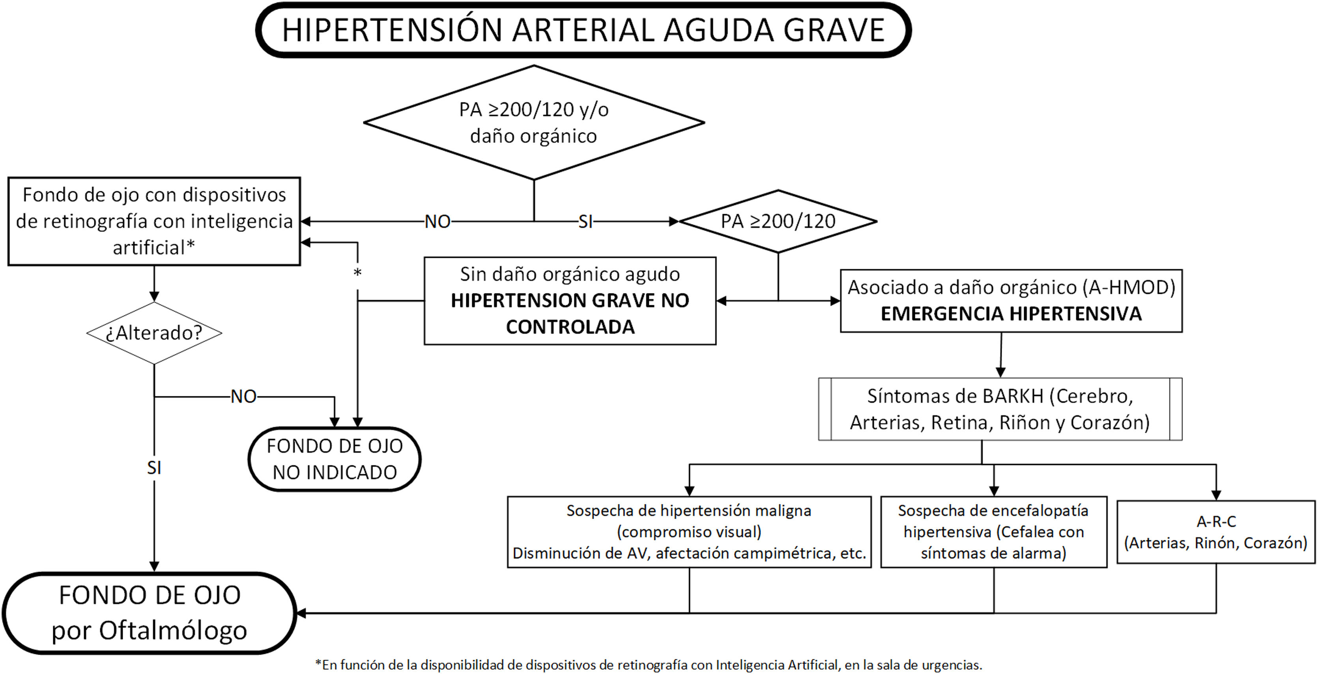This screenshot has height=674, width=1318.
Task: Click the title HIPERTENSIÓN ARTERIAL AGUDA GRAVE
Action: click(583, 30)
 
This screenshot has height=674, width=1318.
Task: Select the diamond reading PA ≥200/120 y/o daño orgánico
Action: click(534, 123)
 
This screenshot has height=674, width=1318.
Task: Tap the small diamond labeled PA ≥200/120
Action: click(778, 221)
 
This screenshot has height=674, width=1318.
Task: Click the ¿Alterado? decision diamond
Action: click(154, 333)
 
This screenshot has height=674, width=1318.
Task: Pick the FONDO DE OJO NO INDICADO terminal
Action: click(335, 459)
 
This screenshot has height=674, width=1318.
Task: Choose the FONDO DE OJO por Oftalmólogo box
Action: click(150, 612)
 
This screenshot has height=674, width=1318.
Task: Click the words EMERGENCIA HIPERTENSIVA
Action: click(1011, 314)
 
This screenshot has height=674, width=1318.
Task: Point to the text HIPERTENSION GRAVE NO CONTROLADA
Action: click(570, 314)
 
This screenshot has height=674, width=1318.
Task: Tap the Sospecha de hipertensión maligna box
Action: click(689, 532)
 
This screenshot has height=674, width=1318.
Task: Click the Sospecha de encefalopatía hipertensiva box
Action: click(994, 532)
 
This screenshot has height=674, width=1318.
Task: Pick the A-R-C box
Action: click(1216, 532)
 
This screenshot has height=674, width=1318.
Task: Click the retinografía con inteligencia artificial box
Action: click(154, 221)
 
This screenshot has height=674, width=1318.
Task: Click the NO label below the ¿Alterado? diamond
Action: click(243, 396)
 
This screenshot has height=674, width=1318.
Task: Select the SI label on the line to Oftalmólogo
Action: click(154, 467)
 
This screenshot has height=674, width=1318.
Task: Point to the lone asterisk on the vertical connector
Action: click(358, 273)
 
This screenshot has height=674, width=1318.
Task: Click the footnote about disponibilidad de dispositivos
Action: click(648, 665)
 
